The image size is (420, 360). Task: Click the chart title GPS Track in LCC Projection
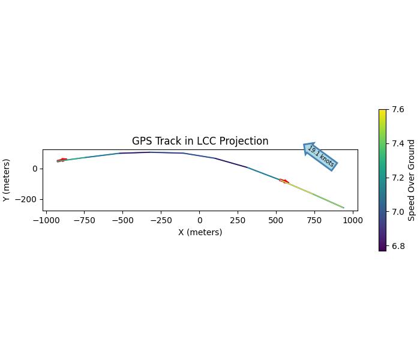tap(200, 142)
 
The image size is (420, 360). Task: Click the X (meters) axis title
tap(200, 232)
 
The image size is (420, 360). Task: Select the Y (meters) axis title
tap(7, 180)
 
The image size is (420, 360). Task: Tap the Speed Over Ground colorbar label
tap(412, 180)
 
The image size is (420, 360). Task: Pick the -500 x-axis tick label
tap(123, 220)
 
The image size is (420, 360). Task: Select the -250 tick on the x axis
tap(161, 220)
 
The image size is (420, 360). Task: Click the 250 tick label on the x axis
tap(238, 220)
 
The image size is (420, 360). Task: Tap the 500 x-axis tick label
tap(276, 220)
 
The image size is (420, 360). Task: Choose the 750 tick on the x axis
tap(314, 220)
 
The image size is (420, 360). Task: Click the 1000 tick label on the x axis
tap(353, 220)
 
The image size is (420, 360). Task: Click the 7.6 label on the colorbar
tap(398, 110)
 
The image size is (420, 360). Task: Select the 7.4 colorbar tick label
tap(398, 143)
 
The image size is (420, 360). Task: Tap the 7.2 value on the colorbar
tap(398, 178)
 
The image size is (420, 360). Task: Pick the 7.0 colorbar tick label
tap(398, 212)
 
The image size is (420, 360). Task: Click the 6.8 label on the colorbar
tap(398, 246)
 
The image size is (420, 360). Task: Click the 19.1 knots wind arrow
tap(320, 157)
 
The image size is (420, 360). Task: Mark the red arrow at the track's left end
tap(62, 160)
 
